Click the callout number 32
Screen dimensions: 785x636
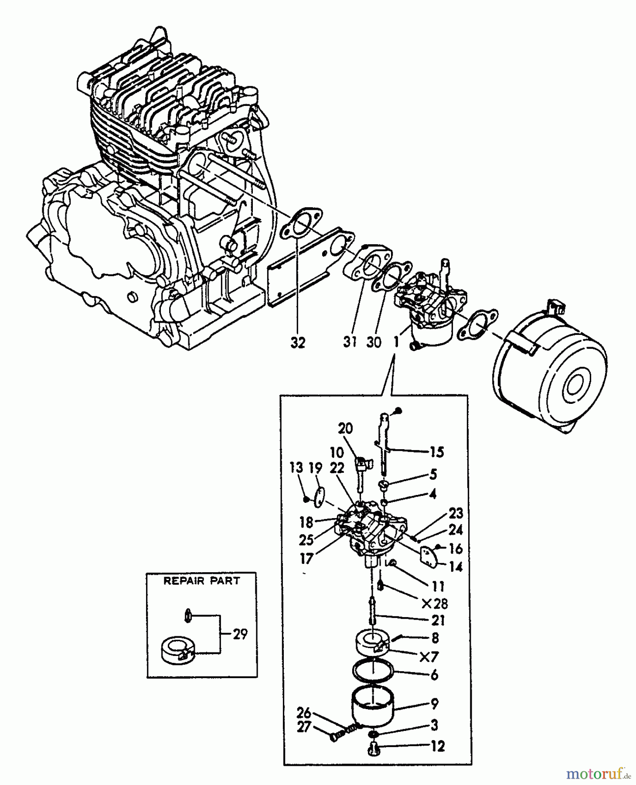(x=298, y=343)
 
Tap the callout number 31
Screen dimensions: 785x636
(x=350, y=342)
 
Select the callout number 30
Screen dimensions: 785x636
(x=374, y=342)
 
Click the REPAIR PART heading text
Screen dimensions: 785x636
(x=201, y=581)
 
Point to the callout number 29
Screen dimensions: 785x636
(x=240, y=634)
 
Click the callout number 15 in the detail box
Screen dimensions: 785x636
(x=436, y=452)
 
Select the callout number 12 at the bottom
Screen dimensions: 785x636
(x=438, y=746)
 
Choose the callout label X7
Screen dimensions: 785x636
(x=429, y=657)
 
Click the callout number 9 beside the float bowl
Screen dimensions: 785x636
(x=434, y=703)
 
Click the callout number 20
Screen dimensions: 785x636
(x=345, y=429)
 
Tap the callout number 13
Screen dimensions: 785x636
(x=296, y=468)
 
